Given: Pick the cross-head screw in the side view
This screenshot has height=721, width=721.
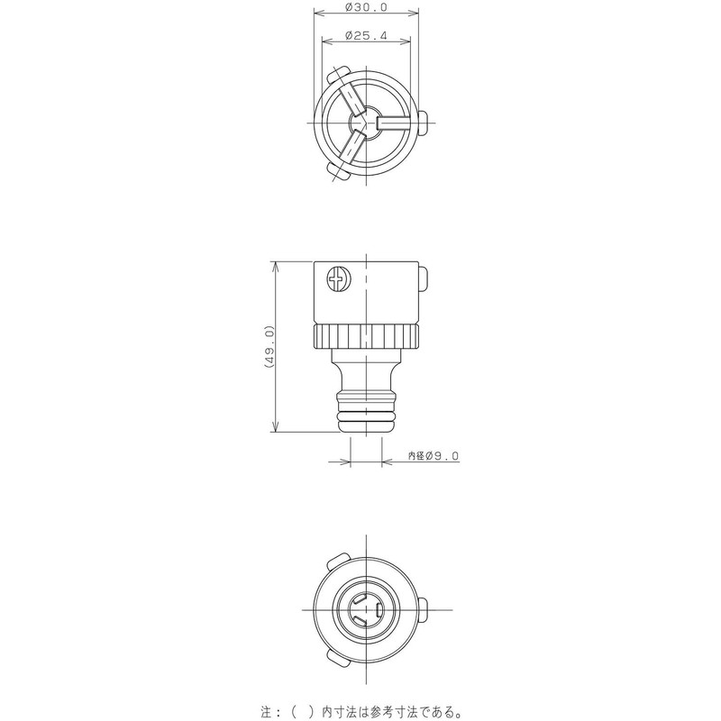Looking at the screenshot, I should coord(338,280).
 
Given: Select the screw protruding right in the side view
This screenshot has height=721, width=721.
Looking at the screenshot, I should coord(424,280).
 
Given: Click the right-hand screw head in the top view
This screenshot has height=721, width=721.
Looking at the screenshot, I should coord(424,120).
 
